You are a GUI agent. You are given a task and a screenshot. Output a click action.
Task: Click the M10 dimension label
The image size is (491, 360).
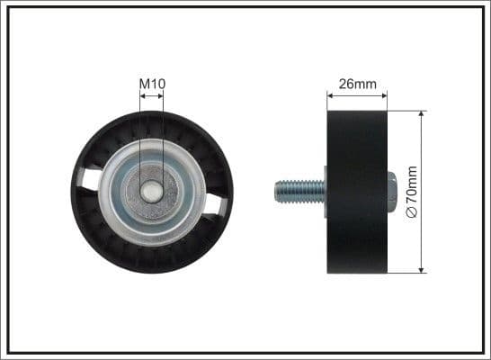pos(152,84)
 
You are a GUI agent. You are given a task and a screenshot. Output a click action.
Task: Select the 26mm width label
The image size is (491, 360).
pos(357,85)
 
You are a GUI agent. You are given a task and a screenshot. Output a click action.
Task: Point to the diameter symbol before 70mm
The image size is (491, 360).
pos(413,211)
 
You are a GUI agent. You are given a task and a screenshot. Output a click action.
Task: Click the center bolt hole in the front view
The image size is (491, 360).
pos(152,192)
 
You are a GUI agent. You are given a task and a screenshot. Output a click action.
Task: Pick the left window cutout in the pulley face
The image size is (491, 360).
pos(90,178)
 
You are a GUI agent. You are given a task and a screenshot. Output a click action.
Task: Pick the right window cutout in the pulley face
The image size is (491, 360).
pos(214,205)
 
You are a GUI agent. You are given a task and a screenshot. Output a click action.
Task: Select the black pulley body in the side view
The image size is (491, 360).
pos(357,191)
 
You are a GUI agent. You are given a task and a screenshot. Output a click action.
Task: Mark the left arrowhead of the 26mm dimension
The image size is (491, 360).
pos(330,94)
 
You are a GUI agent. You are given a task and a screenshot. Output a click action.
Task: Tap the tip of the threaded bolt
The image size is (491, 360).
pos(276,190)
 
